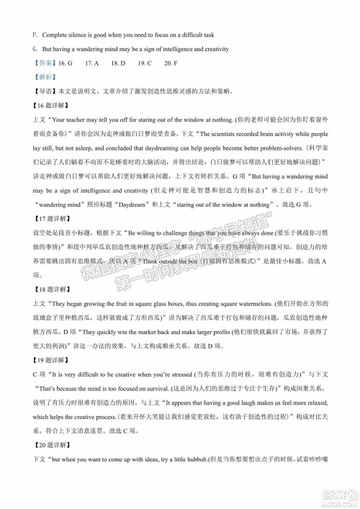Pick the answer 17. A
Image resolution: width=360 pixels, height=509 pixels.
click(x=92, y=63)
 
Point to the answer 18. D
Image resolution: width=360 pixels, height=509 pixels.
click(x=118, y=63)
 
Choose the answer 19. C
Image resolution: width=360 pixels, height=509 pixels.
click(x=144, y=63)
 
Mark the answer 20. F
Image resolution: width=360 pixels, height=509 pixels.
click(x=169, y=63)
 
